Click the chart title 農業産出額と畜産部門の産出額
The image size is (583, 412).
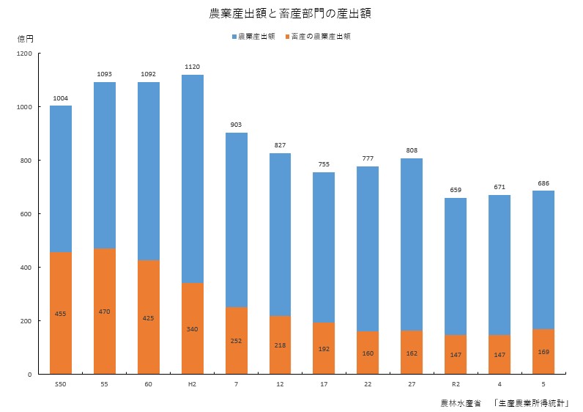291,14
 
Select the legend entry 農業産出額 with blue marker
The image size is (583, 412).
253,36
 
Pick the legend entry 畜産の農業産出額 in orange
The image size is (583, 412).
316,36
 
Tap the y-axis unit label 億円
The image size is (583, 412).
25,38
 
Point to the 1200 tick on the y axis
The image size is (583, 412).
25,54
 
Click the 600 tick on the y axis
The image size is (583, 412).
27,214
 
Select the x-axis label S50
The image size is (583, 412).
61,384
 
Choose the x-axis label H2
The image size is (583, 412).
192,384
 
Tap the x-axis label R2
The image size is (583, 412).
456,384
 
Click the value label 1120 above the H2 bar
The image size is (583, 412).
192,67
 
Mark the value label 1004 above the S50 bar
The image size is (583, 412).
61,98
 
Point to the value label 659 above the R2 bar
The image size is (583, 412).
456,190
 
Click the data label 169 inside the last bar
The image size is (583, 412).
543,352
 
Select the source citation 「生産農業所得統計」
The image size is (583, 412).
532,402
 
